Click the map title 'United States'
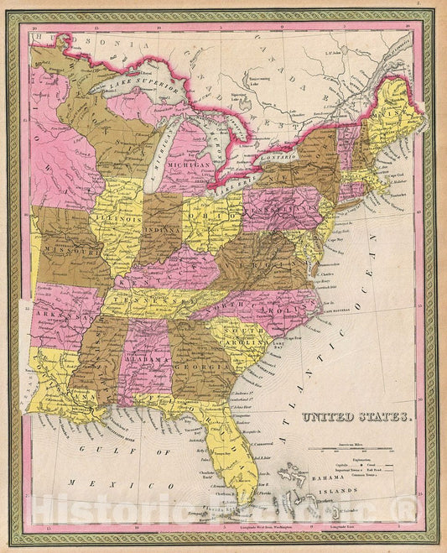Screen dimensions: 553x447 (x=356, y=416)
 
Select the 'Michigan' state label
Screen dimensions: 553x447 (x=192, y=167)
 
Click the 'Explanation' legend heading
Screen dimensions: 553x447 (x=350, y=461)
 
